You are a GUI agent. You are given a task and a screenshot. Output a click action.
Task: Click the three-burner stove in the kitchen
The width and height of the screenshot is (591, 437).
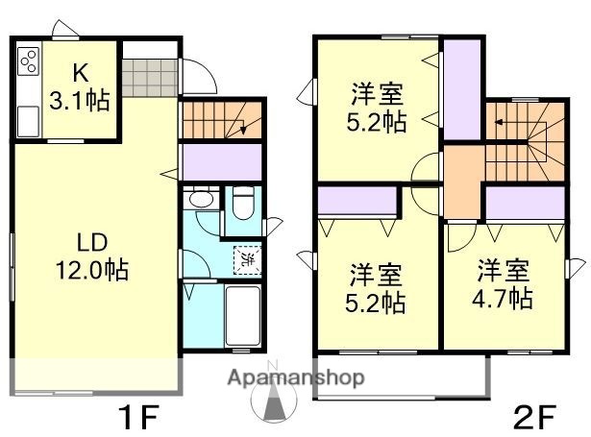coord(29,63)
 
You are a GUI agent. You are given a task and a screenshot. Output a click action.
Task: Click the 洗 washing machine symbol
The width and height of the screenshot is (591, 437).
coord(246,257)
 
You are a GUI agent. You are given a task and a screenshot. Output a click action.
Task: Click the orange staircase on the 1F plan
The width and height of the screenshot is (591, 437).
coord(220,121)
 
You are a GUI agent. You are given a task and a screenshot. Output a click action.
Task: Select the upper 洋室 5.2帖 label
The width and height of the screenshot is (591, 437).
coord(375,108)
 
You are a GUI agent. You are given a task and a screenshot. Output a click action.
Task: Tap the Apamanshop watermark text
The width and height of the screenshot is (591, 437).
coord(295,377)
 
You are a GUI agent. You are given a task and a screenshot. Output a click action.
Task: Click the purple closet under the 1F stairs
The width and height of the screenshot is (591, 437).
coord(221,160)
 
